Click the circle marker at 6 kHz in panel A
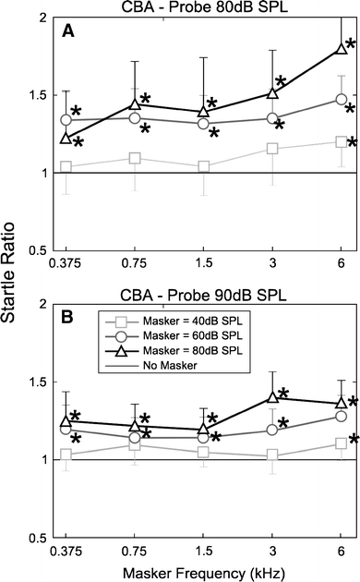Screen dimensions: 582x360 click(x=342, y=99)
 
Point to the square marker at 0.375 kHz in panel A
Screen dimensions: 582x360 click(x=66, y=166)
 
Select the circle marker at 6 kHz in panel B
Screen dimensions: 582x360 click(x=342, y=416)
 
